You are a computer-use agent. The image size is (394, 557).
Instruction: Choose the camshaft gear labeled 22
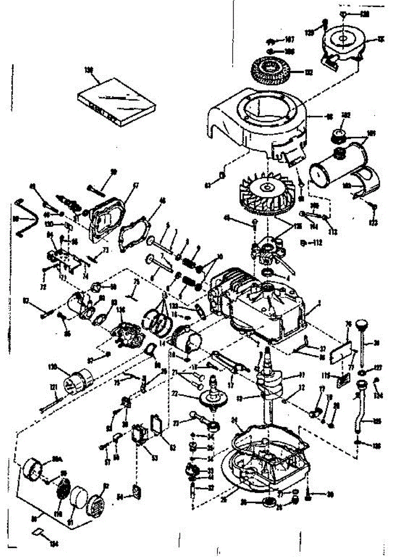214,397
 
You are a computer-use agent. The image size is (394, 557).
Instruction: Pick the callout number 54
120,497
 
